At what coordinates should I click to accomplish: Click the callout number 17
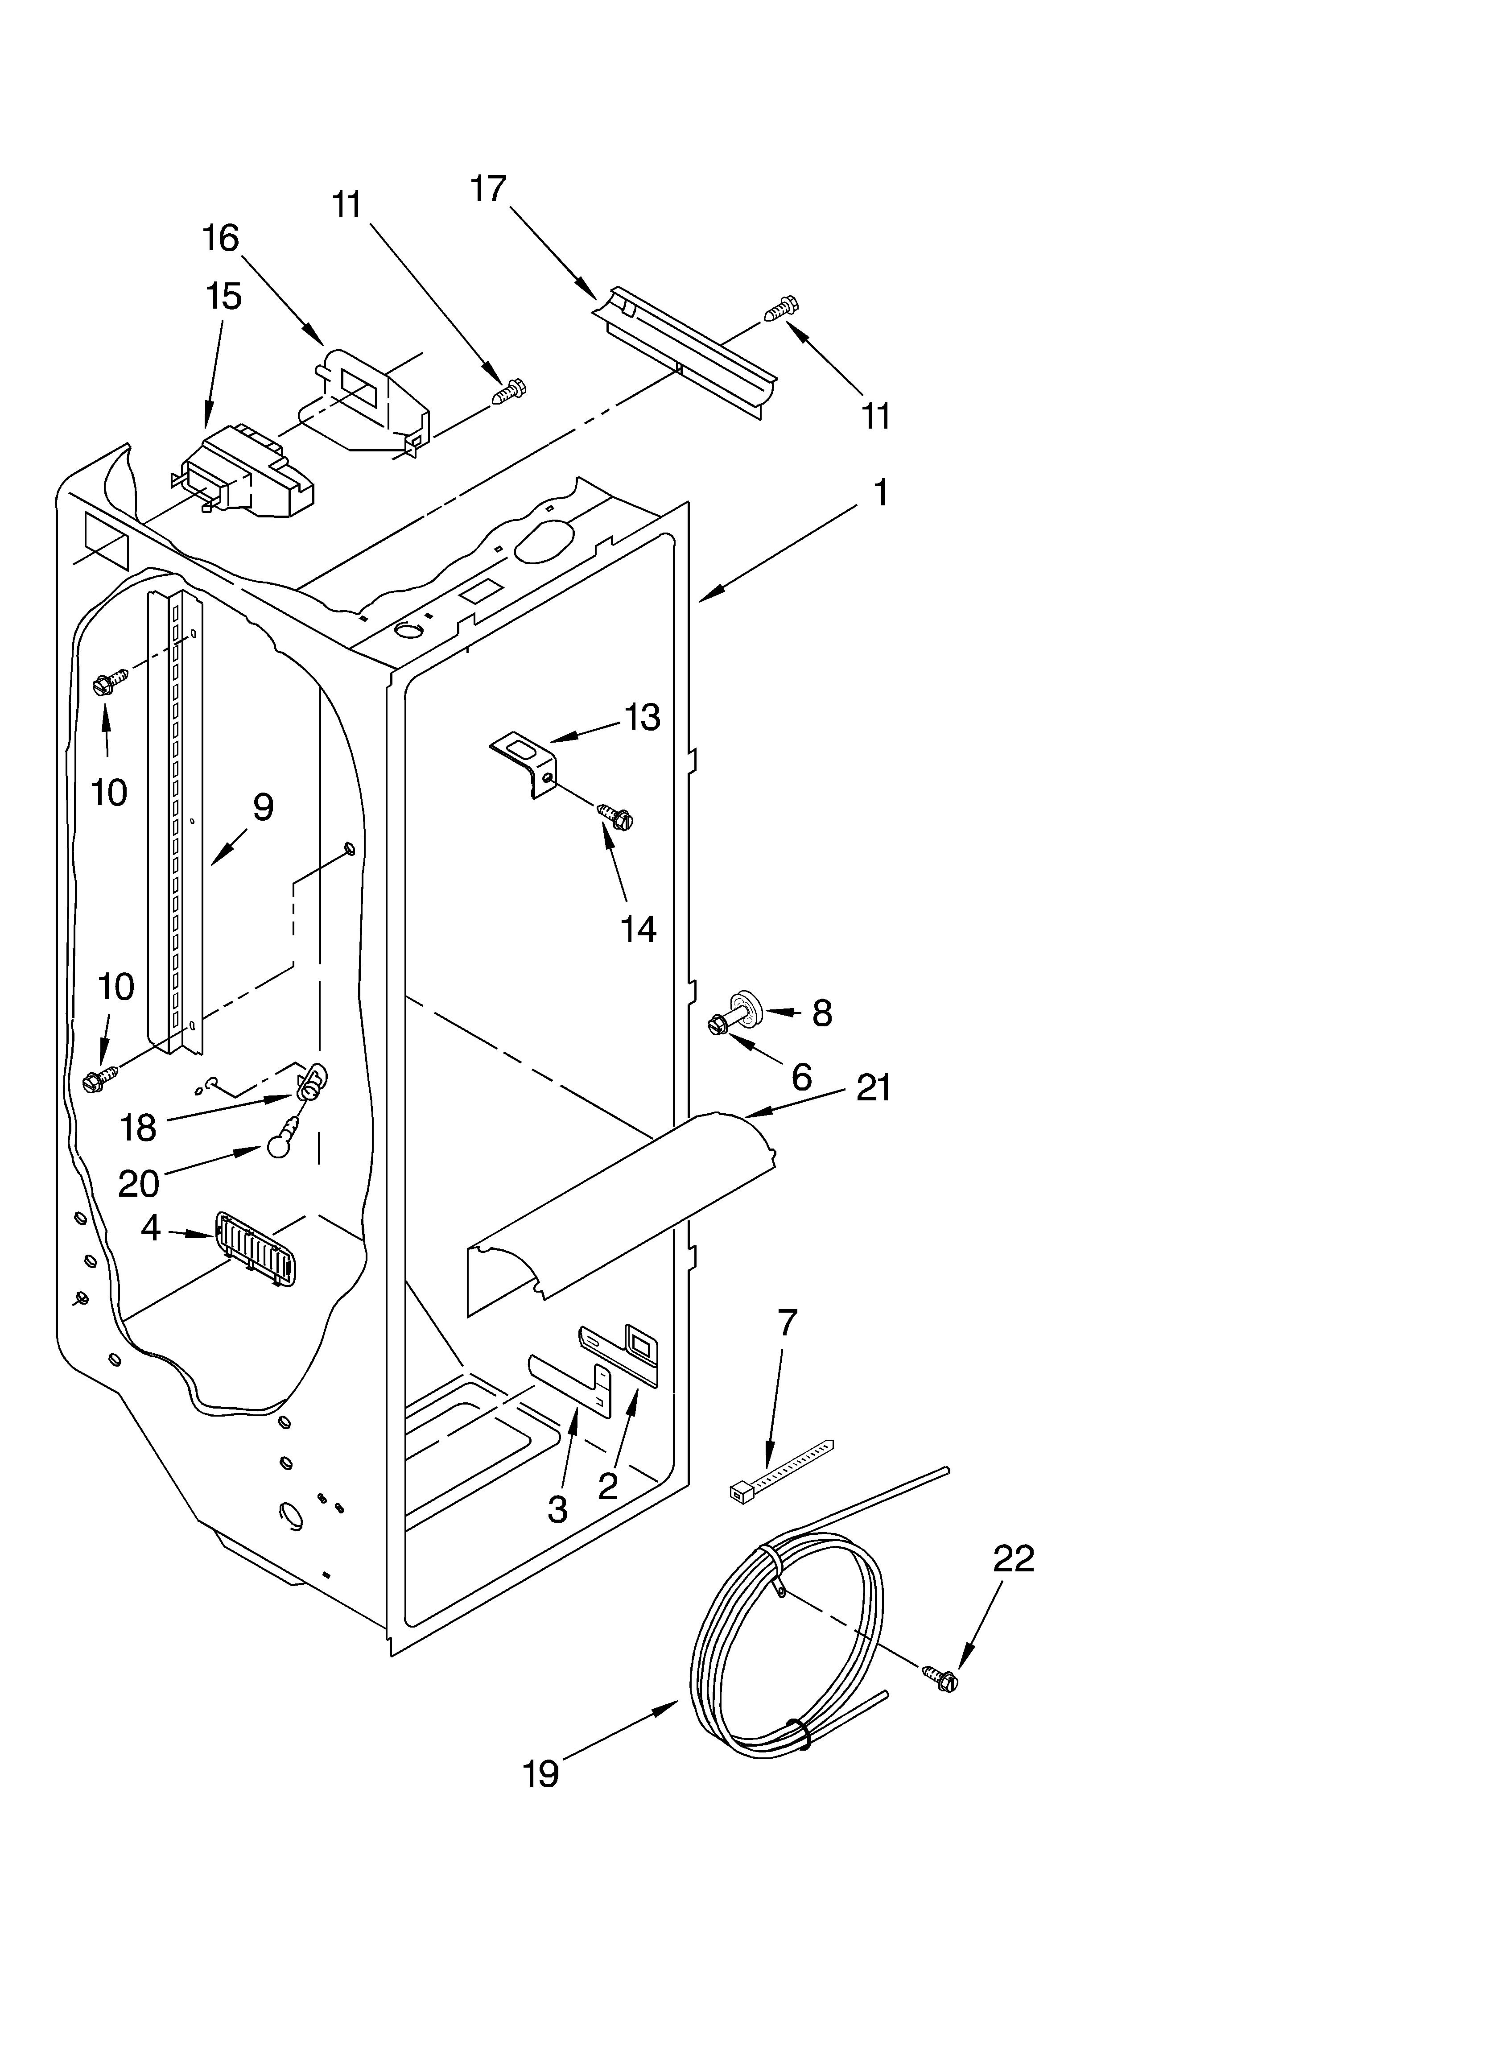488,189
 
